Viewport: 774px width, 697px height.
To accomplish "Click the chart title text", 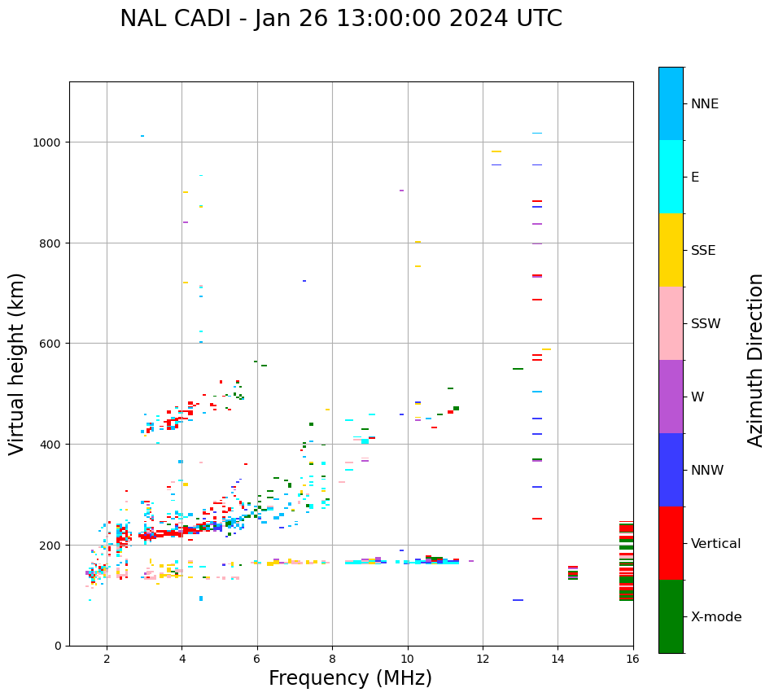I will [x=340, y=19].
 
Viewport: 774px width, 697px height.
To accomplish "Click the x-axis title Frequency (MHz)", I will [x=350, y=678].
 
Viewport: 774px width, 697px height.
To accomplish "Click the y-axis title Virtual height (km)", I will [x=17, y=363].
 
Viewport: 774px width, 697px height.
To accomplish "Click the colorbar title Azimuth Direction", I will [x=756, y=359].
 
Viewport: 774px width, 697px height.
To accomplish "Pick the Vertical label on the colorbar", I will [x=715, y=543].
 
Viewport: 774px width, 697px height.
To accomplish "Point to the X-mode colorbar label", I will [x=716, y=616].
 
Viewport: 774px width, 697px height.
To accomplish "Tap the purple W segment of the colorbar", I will [x=671, y=397].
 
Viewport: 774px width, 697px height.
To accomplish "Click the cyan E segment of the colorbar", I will [x=671, y=177].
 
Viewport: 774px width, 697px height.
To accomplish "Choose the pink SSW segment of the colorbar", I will [x=671, y=323].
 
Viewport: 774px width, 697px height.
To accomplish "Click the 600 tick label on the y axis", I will [x=51, y=344].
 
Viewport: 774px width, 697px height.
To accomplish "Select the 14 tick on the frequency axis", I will [x=558, y=658].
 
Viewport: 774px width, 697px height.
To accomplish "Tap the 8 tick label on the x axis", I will [x=332, y=658].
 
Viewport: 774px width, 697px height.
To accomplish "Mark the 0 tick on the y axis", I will [x=58, y=646].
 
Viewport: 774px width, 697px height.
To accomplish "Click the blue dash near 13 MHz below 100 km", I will [x=518, y=600].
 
